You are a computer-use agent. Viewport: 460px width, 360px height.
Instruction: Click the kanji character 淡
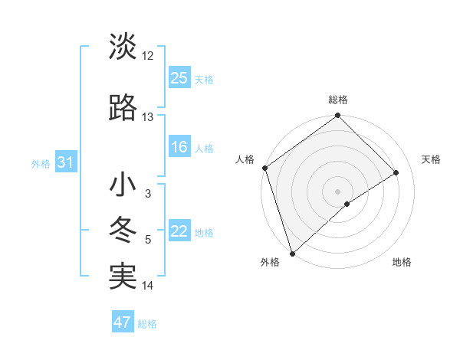pyautogui.click(x=123, y=47)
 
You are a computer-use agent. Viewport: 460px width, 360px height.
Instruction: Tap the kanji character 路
pyautogui.click(x=123, y=109)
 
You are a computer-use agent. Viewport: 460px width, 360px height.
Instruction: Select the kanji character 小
pyautogui.click(x=123, y=185)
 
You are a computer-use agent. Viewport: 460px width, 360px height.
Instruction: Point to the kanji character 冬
pyautogui.click(x=123, y=231)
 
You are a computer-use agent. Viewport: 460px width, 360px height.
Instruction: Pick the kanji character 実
pyautogui.click(x=123, y=277)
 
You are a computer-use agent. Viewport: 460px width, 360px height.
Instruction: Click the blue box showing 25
pyautogui.click(x=179, y=78)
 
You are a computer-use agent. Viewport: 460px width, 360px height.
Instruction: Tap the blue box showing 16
pyautogui.click(x=179, y=147)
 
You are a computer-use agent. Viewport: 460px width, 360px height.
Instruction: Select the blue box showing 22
pyautogui.click(x=179, y=231)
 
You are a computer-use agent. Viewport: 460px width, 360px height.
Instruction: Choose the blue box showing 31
pyautogui.click(x=64, y=162)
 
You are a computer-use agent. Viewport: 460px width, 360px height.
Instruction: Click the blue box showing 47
pyautogui.click(x=123, y=322)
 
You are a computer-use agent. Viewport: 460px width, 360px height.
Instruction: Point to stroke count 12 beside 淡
pyautogui.click(x=148, y=56)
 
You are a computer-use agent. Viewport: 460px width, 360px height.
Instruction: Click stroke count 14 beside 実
pyautogui.click(x=148, y=286)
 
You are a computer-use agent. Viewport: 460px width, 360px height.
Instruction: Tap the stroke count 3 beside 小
pyautogui.click(x=148, y=194)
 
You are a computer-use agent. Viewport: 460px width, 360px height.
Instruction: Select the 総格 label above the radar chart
pyautogui.click(x=337, y=100)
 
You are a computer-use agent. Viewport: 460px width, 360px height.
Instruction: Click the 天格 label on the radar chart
pyautogui.click(x=431, y=159)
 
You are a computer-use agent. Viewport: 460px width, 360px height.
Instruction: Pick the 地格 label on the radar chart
pyautogui.click(x=402, y=263)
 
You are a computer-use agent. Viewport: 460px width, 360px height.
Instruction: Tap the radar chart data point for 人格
pyautogui.click(x=264, y=168)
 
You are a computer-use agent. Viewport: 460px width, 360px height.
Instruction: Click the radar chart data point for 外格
pyautogui.click(x=292, y=252)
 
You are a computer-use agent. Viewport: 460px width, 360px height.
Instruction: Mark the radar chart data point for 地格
pyautogui.click(x=347, y=204)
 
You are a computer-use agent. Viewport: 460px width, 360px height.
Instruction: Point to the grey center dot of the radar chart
pyautogui.click(x=337, y=191)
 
